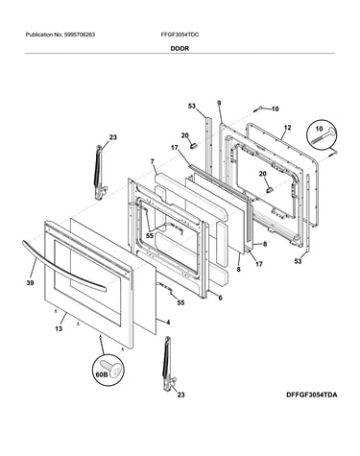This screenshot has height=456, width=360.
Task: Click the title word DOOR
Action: tap(180, 49)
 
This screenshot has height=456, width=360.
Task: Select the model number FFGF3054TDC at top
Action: tap(180, 35)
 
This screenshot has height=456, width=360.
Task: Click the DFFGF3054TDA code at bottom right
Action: tap(311, 395)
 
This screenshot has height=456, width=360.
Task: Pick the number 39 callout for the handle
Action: tap(31, 283)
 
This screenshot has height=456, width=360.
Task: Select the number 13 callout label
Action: tap(59, 328)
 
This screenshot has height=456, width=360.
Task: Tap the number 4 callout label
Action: tap(168, 323)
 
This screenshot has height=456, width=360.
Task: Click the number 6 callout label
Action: tap(220, 298)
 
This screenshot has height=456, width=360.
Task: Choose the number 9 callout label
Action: tap(219, 103)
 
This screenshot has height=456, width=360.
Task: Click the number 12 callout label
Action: tap(287, 128)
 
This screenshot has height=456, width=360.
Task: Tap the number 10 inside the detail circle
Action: tap(319, 129)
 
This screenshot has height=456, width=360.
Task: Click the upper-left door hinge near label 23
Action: tap(99, 172)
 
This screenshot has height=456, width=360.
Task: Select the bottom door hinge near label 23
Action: tap(169, 364)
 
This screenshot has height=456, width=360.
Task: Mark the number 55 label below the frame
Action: tap(180, 302)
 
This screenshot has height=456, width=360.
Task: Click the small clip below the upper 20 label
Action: tap(193, 145)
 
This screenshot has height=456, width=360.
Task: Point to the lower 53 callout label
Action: tap(298, 261)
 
